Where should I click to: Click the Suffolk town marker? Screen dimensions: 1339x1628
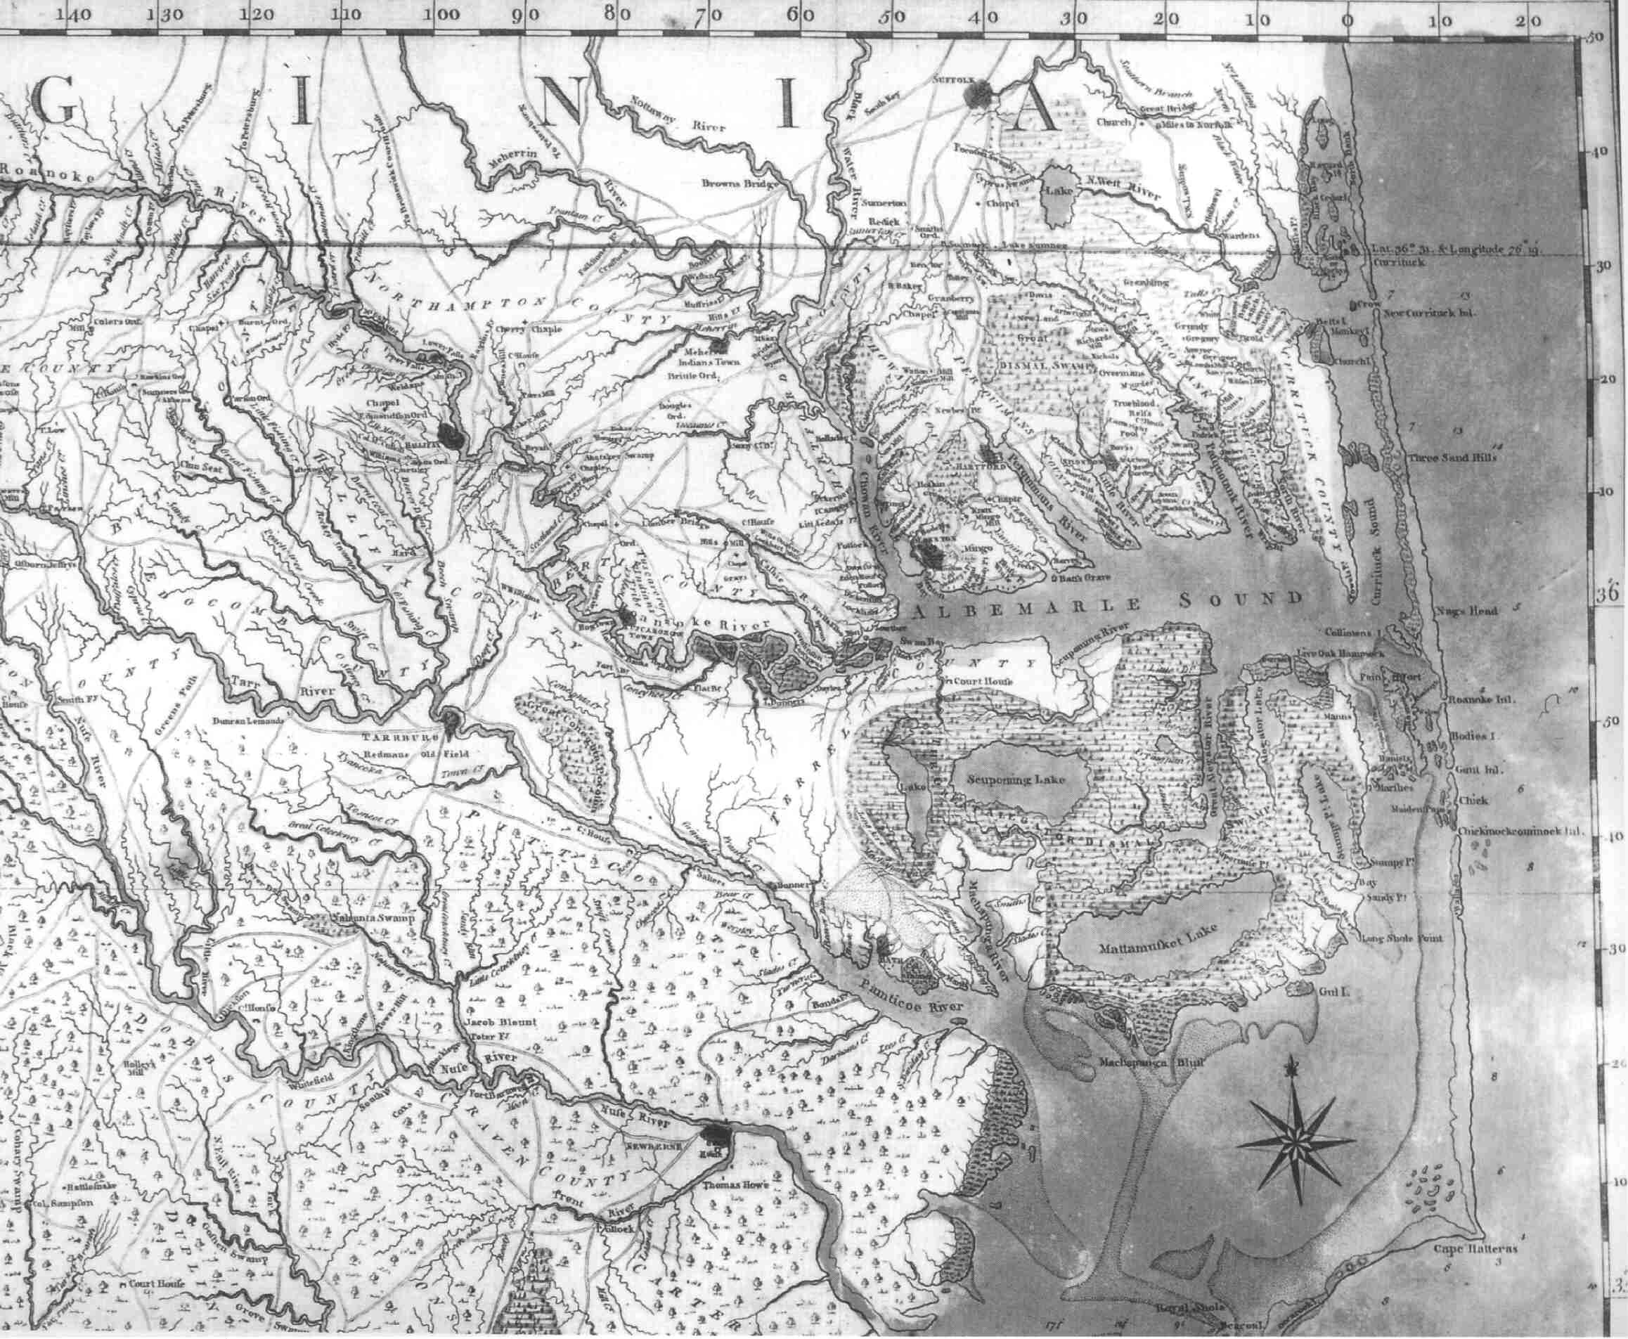coord(978,94)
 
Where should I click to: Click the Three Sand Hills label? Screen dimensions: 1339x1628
coord(1452,458)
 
